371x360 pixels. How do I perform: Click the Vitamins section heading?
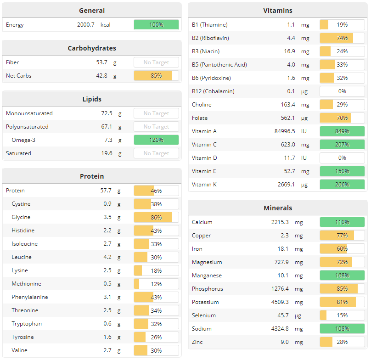click(x=277, y=11)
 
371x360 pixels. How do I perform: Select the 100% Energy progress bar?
click(x=156, y=25)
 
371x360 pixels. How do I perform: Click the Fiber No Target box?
click(x=156, y=62)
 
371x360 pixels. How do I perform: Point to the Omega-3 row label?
click(x=23, y=140)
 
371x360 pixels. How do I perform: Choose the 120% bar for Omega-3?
click(x=156, y=140)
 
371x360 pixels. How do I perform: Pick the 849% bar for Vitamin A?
click(x=342, y=131)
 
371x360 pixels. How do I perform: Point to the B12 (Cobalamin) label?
click(x=213, y=91)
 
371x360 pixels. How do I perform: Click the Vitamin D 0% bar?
click(x=342, y=158)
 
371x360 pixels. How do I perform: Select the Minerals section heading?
click(x=277, y=208)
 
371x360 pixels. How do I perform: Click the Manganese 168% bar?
click(x=342, y=276)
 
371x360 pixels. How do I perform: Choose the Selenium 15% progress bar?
click(x=342, y=315)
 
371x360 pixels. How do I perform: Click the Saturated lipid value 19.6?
click(x=107, y=153)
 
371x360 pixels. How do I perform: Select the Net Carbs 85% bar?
click(x=156, y=76)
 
